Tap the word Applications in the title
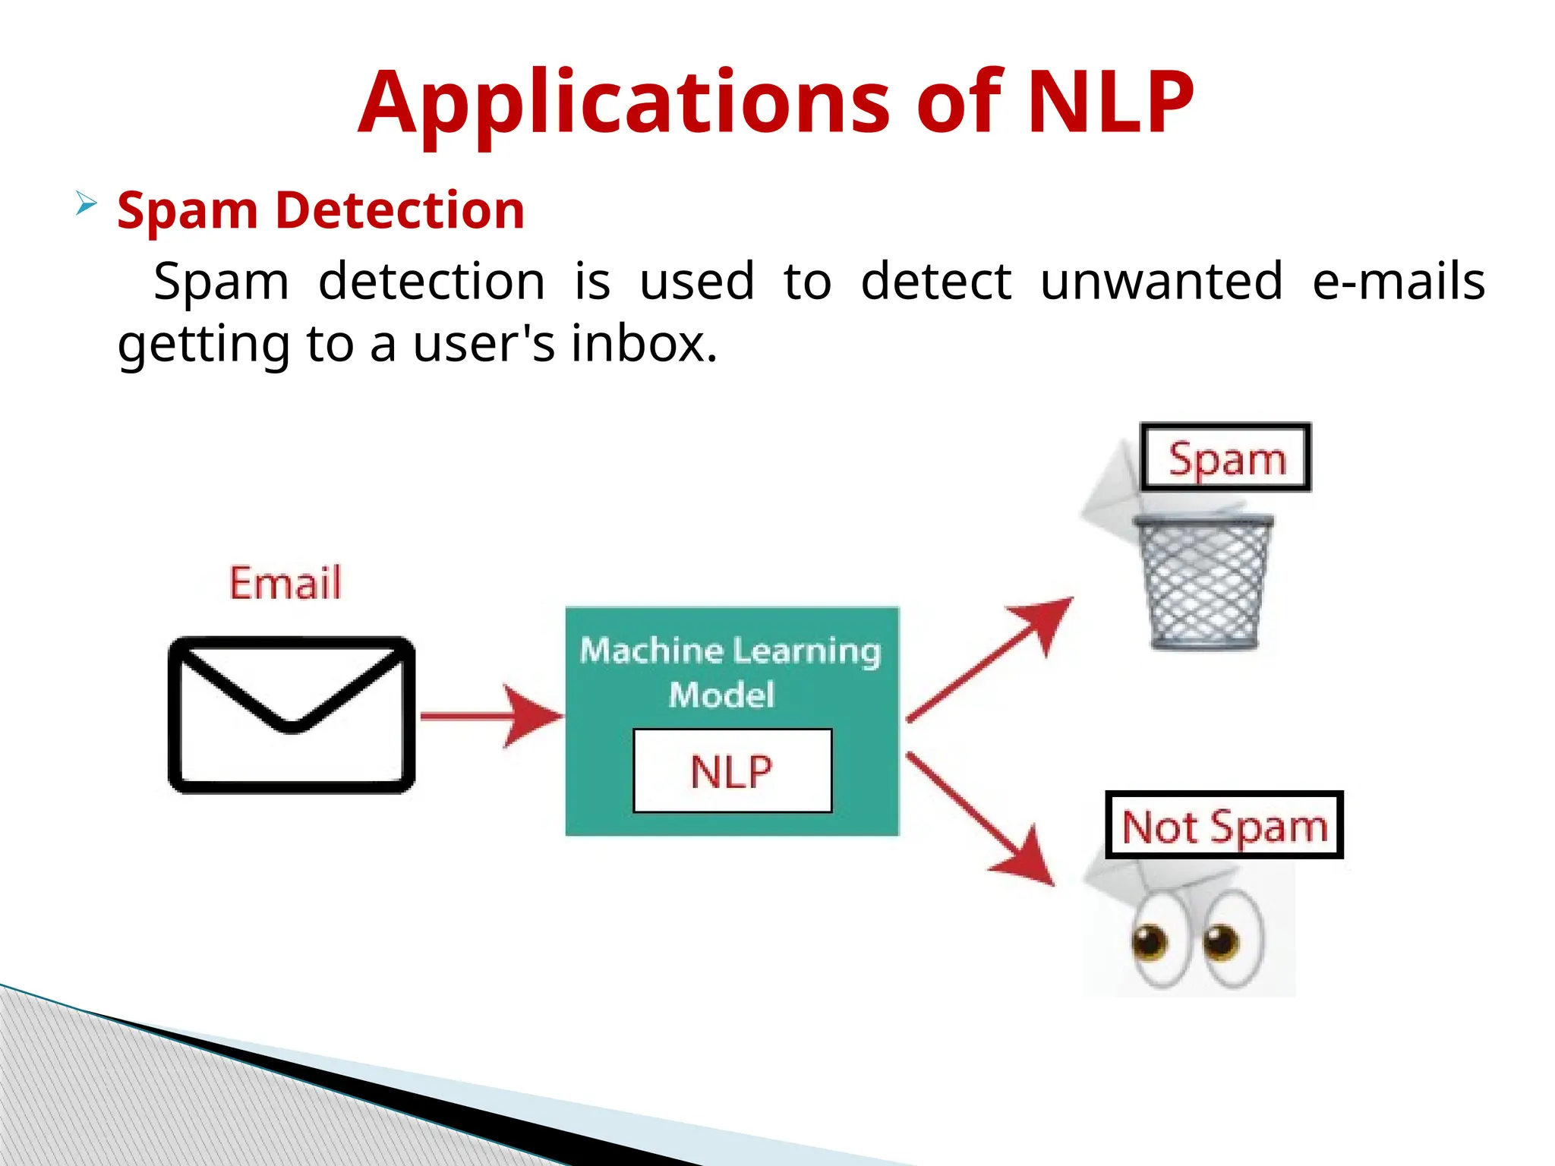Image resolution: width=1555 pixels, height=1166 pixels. click(x=623, y=104)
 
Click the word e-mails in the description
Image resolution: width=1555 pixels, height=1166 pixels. click(x=1399, y=281)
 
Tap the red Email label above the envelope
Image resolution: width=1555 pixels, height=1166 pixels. click(x=285, y=583)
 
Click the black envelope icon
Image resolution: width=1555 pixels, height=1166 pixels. click(x=292, y=714)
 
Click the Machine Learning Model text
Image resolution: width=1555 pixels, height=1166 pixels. click(x=730, y=672)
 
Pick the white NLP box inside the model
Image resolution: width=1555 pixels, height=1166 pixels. click(x=732, y=771)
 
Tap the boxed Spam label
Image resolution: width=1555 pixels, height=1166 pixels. click(x=1225, y=458)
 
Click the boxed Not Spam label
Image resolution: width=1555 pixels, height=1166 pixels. click(x=1224, y=825)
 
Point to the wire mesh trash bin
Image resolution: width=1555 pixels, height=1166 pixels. click(x=1203, y=581)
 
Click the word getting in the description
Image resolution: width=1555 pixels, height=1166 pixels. click(x=203, y=345)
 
